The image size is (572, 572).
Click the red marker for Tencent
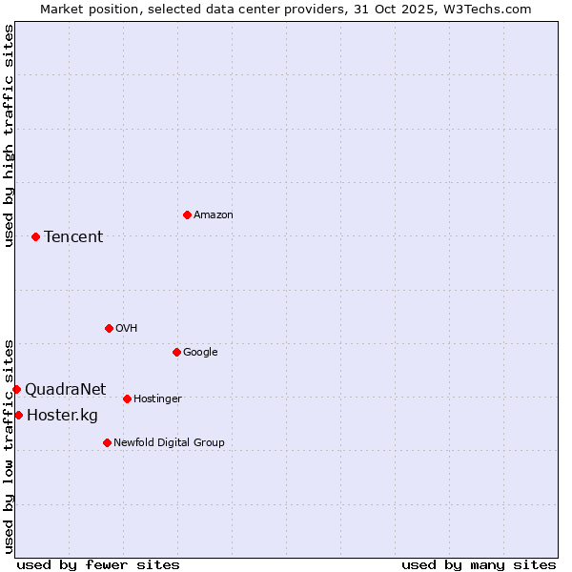click(35, 236)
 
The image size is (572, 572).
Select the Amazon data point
click(187, 214)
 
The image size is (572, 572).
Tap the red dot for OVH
click(109, 328)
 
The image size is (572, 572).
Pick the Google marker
click(176, 352)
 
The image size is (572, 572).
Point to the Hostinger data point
click(127, 398)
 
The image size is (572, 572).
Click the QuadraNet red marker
click(16, 389)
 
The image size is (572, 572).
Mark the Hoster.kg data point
click(18, 415)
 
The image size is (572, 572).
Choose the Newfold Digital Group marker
click(107, 442)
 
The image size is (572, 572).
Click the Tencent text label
click(73, 236)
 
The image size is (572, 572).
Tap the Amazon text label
click(214, 214)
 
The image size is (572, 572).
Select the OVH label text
click(127, 328)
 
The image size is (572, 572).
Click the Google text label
click(200, 352)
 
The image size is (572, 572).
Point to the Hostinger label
click(157, 398)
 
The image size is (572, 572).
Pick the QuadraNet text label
click(66, 389)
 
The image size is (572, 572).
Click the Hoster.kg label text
click(62, 415)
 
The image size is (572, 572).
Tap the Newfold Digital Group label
click(169, 442)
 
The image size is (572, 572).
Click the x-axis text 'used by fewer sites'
click(98, 564)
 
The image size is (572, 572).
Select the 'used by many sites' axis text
click(479, 564)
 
